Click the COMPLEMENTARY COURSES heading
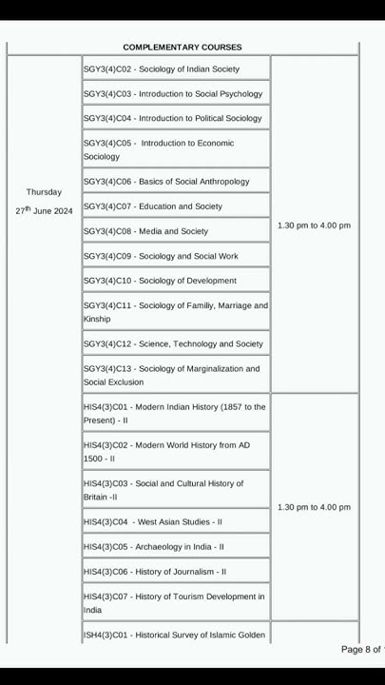tap(183, 47)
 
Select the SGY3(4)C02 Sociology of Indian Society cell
tap(161, 68)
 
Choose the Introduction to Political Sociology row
tap(172, 118)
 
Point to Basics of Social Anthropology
tap(166, 181)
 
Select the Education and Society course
tap(152, 205)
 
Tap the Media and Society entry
tap(145, 231)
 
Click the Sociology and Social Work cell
tap(161, 256)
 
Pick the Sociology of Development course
tap(160, 281)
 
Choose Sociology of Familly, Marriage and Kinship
tap(175, 312)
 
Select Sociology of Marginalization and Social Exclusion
tap(171, 375)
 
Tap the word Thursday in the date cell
tap(44, 192)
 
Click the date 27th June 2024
tap(44, 210)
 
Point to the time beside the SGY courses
tap(314, 225)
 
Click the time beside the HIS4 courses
tap(314, 507)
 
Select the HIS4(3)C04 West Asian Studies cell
tap(152, 521)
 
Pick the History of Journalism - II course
tap(154, 572)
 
